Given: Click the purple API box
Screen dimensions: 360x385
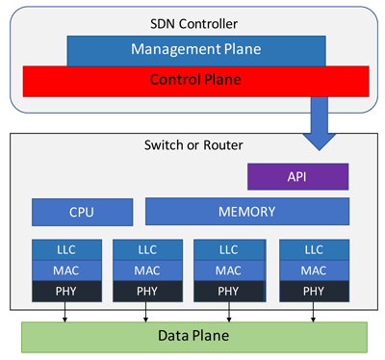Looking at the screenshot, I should click(297, 176).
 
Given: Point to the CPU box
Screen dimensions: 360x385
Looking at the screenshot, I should click(82, 212).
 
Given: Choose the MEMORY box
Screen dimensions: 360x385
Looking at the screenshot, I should click(246, 212).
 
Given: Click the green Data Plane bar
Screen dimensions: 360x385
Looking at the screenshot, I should click(194, 337).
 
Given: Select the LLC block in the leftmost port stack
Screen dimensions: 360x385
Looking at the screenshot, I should click(66, 249).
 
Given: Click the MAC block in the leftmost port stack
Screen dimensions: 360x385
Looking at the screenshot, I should click(66, 270).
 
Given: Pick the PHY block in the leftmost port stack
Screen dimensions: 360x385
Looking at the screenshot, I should click(66, 290).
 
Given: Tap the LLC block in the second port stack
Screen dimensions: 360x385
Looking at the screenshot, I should click(147, 249).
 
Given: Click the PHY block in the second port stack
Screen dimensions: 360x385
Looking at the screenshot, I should click(147, 290).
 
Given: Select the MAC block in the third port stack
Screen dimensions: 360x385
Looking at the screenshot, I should click(228, 270).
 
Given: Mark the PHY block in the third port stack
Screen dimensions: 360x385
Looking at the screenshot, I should click(228, 290).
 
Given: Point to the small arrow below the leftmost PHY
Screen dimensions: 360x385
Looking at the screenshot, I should click(65, 313).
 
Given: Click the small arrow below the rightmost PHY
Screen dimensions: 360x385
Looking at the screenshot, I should click(313, 313).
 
